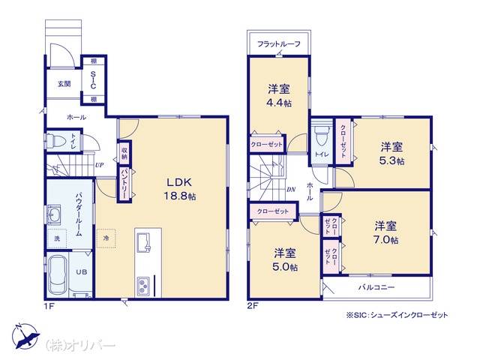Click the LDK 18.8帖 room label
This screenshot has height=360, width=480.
tap(180, 189)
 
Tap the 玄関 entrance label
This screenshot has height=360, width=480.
tap(64, 83)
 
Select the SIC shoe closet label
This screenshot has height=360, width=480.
tap(93, 80)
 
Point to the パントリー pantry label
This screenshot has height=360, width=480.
tap(124, 184)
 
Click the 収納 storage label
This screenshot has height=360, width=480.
tap(124, 153)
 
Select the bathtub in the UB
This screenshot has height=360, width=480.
tap(58, 274)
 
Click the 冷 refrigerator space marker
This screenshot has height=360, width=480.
tap(106, 238)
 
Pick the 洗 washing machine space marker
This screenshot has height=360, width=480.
tap(57, 238)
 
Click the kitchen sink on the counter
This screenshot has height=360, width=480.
tap(143, 242)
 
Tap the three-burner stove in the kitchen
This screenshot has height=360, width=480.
tap(143, 286)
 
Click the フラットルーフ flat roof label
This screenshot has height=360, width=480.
tap(278, 44)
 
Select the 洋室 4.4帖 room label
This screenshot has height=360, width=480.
tap(279, 95)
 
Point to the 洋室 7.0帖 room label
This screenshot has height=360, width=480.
tap(385, 232)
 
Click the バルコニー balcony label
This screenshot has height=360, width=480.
tap(376, 287)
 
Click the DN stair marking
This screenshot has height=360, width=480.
tap(291, 190)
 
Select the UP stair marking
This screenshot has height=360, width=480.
tap(99, 165)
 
